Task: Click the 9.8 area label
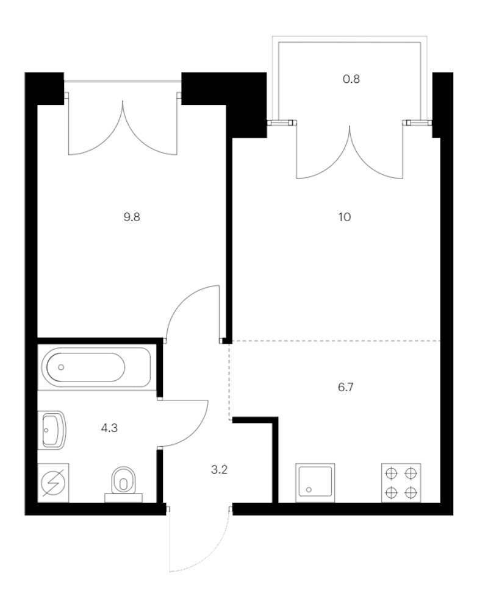click(x=132, y=217)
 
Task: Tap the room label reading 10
click(x=345, y=217)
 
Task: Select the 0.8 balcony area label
click(x=351, y=79)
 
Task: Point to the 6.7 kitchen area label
click(x=345, y=387)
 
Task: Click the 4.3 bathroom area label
click(x=109, y=428)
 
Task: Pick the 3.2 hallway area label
click(x=219, y=470)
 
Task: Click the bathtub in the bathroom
click(x=94, y=367)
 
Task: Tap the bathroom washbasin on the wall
click(x=52, y=430)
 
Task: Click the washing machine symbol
click(x=53, y=483)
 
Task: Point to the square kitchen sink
click(x=315, y=483)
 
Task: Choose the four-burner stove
click(x=401, y=483)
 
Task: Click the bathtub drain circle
click(x=61, y=367)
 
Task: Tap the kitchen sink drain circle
click(x=309, y=490)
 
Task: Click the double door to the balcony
click(x=350, y=151)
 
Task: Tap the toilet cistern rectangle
click(x=123, y=498)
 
